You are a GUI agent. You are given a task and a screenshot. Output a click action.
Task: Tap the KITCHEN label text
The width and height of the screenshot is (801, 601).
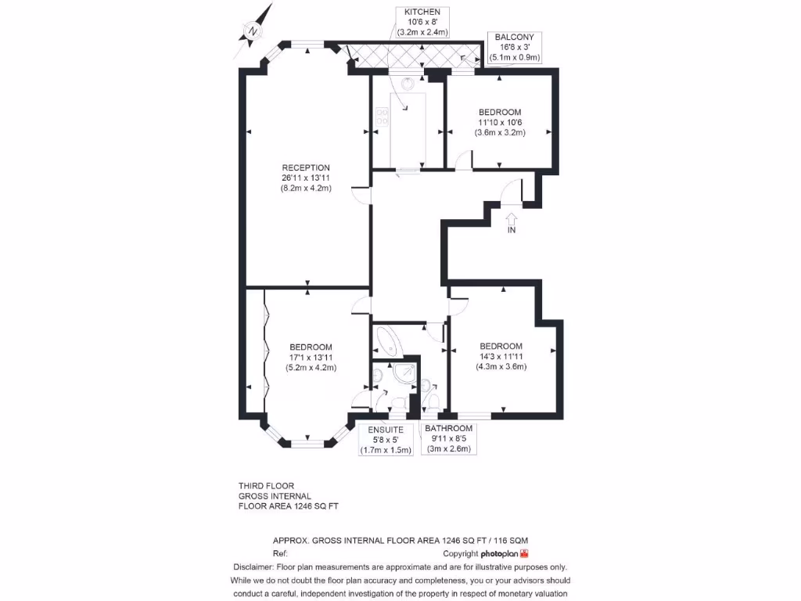(x=422, y=12)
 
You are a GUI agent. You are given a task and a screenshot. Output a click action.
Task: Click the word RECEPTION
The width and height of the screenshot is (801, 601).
(x=306, y=167)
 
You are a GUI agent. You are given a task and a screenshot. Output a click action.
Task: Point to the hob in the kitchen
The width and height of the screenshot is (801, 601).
(x=383, y=117)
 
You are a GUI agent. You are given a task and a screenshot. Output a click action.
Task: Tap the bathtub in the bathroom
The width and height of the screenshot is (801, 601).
(x=388, y=340)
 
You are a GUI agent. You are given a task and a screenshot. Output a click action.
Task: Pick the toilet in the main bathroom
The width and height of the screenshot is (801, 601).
(x=432, y=401)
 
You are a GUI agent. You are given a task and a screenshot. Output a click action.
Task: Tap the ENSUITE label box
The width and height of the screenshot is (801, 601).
(x=386, y=440)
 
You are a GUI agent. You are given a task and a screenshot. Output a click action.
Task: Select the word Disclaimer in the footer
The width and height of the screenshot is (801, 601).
(x=253, y=567)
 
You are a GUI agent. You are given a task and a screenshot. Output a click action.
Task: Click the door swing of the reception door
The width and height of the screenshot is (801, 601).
(x=361, y=196)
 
